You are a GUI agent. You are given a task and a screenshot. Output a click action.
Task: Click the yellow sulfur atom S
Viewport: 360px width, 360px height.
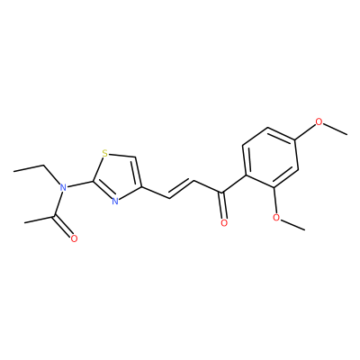pyautogui.click(x=104, y=154)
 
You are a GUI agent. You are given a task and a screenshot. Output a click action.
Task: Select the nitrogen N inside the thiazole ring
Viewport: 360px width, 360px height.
pyautogui.click(x=115, y=202)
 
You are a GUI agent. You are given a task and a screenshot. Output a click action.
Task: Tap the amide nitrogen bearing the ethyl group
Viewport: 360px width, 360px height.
pyautogui.click(x=63, y=188)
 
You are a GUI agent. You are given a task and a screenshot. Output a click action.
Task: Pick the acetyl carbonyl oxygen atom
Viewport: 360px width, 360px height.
pyautogui.click(x=74, y=238)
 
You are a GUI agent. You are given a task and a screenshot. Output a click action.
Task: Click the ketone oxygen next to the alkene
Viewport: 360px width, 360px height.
pyautogui.click(x=224, y=223)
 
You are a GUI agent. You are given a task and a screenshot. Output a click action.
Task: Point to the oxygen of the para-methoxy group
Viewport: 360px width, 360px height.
pyautogui.click(x=319, y=122)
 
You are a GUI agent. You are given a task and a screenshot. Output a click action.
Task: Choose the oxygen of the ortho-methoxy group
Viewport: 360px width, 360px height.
pyautogui.click(x=276, y=218)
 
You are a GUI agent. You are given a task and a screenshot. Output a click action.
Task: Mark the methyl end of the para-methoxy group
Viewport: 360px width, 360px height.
pyautogui.click(x=347, y=134)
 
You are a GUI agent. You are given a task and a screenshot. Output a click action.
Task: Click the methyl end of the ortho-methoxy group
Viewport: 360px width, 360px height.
pyautogui.click(x=305, y=230)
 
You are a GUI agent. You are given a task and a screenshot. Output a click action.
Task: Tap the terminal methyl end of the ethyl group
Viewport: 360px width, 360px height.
pyautogui.click(x=13, y=171)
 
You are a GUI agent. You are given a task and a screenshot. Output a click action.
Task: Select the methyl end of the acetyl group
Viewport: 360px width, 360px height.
pyautogui.click(x=24, y=222)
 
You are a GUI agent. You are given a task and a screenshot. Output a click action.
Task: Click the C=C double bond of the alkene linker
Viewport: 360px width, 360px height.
pyautogui.click(x=181, y=189)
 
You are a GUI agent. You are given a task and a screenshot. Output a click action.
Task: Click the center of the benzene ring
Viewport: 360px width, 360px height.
pyautogui.click(x=271, y=158)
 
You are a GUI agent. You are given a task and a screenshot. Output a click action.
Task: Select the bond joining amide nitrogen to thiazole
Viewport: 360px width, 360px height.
pyautogui.click(x=79, y=184)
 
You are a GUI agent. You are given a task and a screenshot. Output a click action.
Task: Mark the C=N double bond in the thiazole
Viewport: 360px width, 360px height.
pyautogui.click(x=103, y=190)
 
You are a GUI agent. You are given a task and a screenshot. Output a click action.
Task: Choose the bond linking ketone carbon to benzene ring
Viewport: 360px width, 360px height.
pyautogui.click(x=234, y=184)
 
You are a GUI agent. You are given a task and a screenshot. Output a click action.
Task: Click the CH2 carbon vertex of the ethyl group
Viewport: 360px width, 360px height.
pyautogui.click(x=44, y=166)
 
